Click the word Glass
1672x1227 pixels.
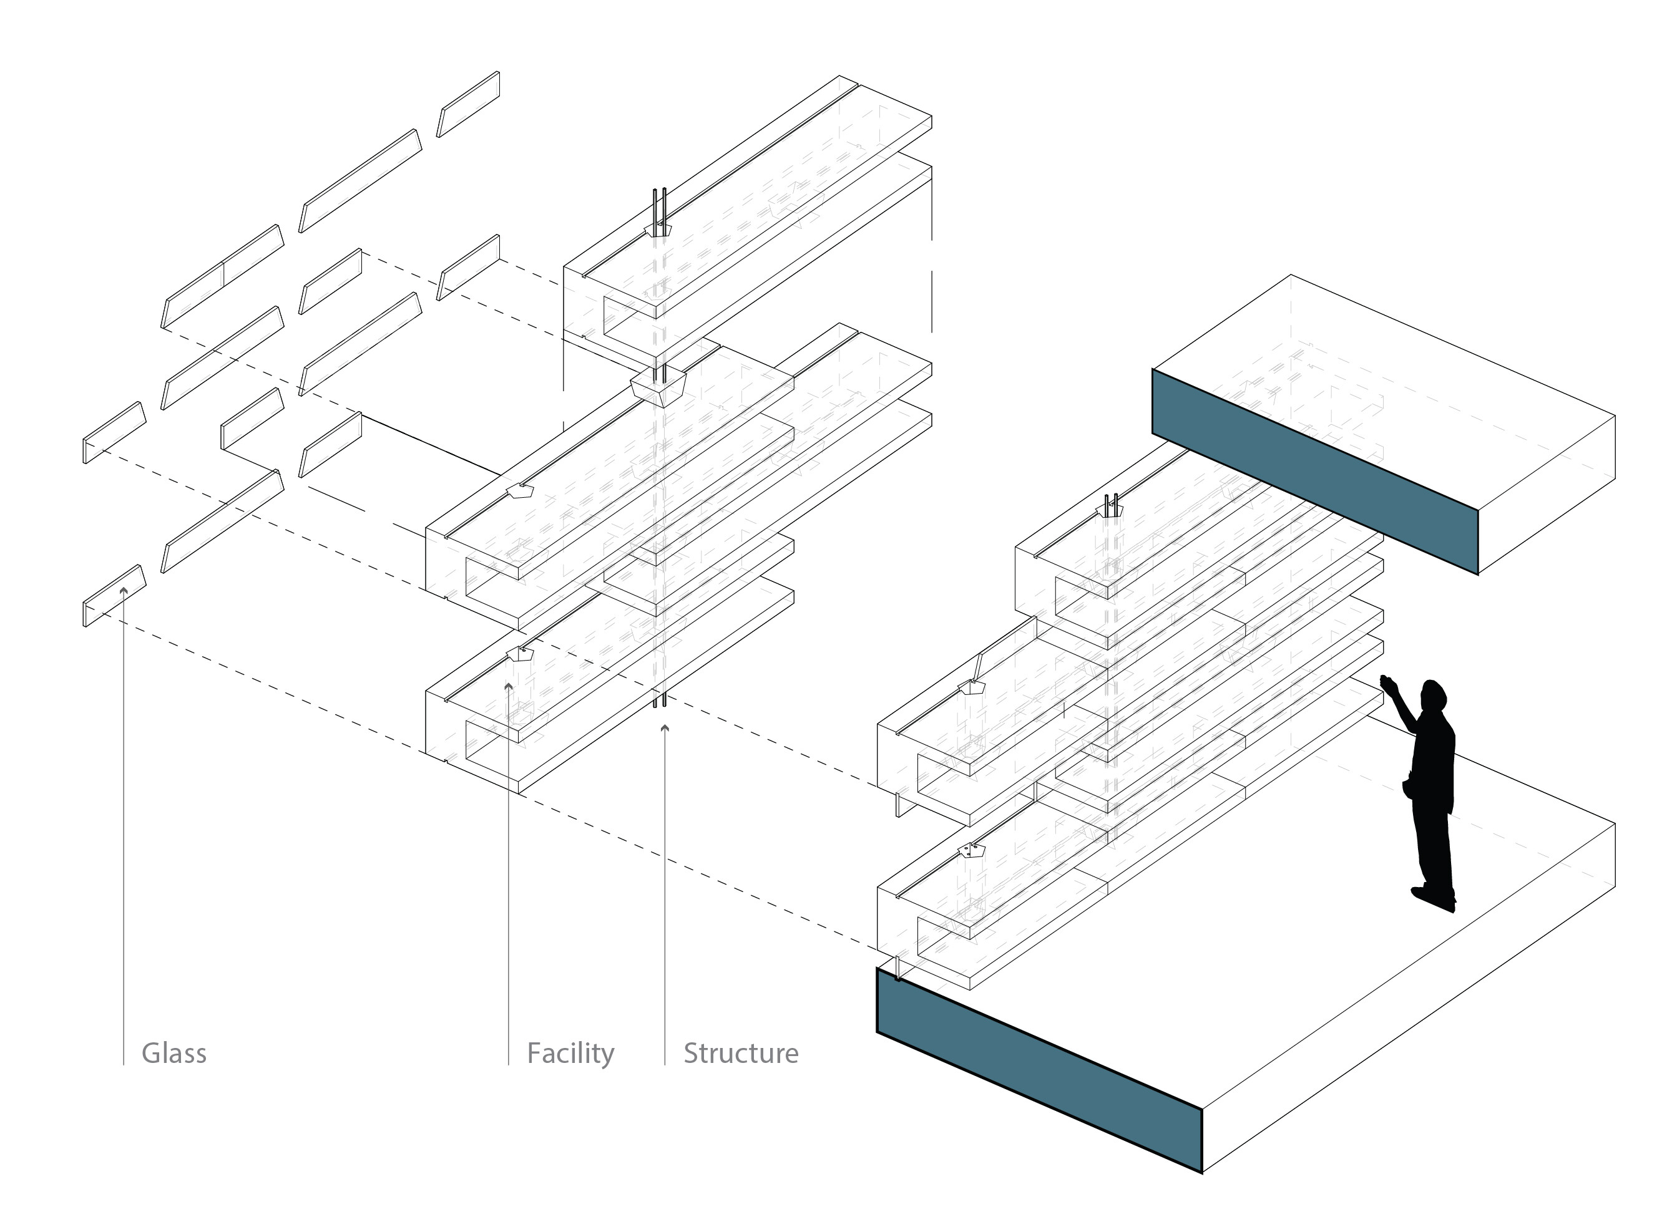tap(174, 1053)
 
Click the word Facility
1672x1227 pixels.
tap(570, 1053)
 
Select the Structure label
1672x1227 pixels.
tap(741, 1053)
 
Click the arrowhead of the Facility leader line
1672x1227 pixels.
tap(508, 686)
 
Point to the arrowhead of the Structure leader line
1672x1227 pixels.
tap(664, 729)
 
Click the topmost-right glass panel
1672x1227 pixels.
tap(468, 104)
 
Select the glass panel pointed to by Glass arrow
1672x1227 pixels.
tap(114, 596)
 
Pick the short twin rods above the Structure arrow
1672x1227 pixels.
tap(659, 701)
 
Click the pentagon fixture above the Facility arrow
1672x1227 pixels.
tap(520, 654)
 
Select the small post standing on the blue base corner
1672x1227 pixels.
tap(899, 969)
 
